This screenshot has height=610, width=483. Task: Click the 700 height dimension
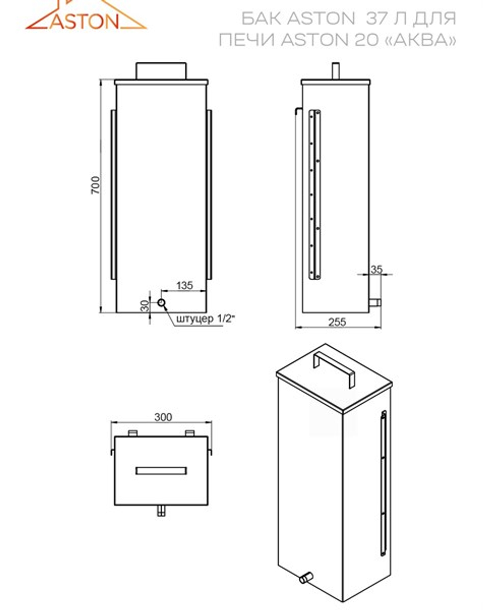coord(96,185)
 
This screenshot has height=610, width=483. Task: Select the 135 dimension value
coord(184,285)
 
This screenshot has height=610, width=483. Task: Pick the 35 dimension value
coord(376,269)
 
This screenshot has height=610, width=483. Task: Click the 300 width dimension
coord(163,416)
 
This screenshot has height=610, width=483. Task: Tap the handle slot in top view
coord(161,470)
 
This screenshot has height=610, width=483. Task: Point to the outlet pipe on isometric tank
coord(306,576)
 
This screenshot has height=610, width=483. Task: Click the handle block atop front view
coord(161,71)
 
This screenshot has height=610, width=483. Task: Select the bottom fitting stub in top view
coord(162,511)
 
